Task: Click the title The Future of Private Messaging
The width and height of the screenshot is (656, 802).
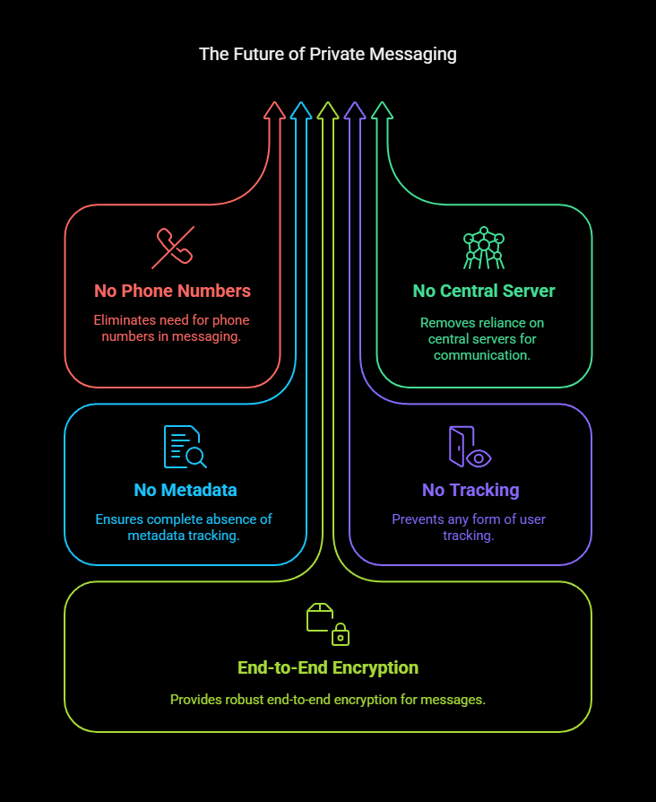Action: coord(328,55)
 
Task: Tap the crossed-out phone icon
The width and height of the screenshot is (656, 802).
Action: coord(173,248)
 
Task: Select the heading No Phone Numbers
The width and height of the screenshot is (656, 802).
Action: coord(172,291)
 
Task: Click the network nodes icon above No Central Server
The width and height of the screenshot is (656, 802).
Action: coord(484,248)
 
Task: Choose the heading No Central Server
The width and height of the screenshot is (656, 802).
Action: coord(484,291)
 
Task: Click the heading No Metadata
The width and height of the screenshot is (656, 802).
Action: coord(186,490)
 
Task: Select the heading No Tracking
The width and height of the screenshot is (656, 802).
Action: coord(470,490)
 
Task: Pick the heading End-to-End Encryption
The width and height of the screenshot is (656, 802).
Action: coord(328,667)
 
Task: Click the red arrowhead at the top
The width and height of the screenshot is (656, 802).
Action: coord(274,110)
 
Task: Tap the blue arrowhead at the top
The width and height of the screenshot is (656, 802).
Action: coord(301,110)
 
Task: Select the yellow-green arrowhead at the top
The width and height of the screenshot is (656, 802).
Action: coord(328,110)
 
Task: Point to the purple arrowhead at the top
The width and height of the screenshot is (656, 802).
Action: coord(355,110)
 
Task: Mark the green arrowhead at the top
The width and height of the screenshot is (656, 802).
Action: coord(382,110)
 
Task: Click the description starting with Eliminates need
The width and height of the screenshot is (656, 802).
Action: coord(172,328)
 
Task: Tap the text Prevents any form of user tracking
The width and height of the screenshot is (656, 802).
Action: coord(470,527)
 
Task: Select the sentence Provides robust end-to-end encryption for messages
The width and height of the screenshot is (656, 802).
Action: coord(328,699)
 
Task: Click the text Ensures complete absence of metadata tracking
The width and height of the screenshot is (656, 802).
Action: coord(185,527)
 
